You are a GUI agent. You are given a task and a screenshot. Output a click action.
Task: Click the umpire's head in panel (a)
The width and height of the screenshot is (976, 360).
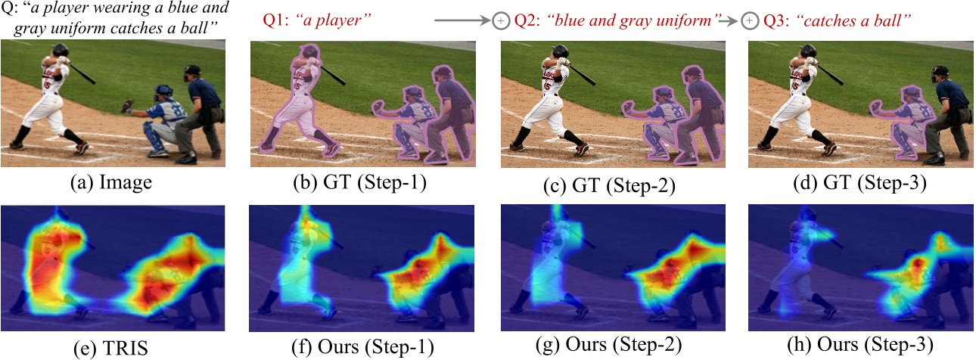tap(193, 73)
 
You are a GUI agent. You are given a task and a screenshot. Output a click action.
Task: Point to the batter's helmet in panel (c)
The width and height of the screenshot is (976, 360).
tap(559, 50)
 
